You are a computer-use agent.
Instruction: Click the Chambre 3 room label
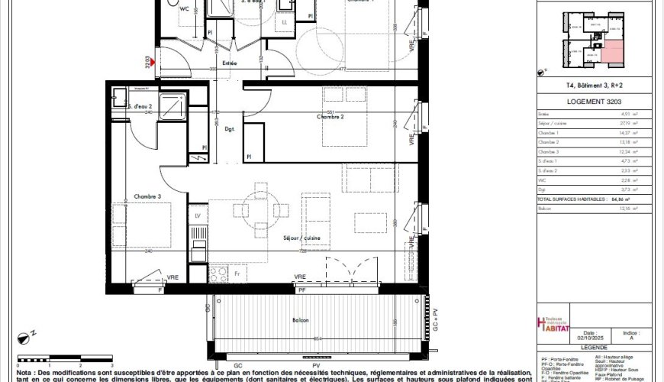coord(148,196)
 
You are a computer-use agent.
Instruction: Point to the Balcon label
coord(300,319)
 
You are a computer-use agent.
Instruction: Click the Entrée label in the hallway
coord(229,63)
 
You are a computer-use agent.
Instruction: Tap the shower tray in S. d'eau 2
coord(172,100)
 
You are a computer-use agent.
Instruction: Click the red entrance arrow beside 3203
coord(155,59)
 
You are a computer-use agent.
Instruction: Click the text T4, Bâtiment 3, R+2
coord(583,86)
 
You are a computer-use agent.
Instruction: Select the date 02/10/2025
coord(589,339)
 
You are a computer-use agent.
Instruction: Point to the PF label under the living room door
coord(301,290)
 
